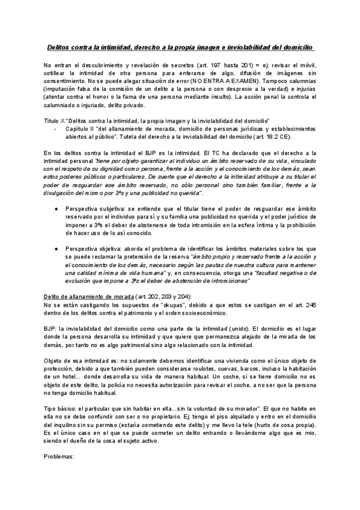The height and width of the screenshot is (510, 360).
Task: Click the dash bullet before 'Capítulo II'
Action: (x=56, y=127)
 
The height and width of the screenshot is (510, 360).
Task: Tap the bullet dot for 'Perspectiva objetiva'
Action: (x=56, y=247)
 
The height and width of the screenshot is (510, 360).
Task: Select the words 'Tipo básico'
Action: (x=60, y=409)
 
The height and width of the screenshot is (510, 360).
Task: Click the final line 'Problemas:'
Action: (x=59, y=456)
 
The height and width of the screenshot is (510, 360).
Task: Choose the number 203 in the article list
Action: (x=167, y=296)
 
